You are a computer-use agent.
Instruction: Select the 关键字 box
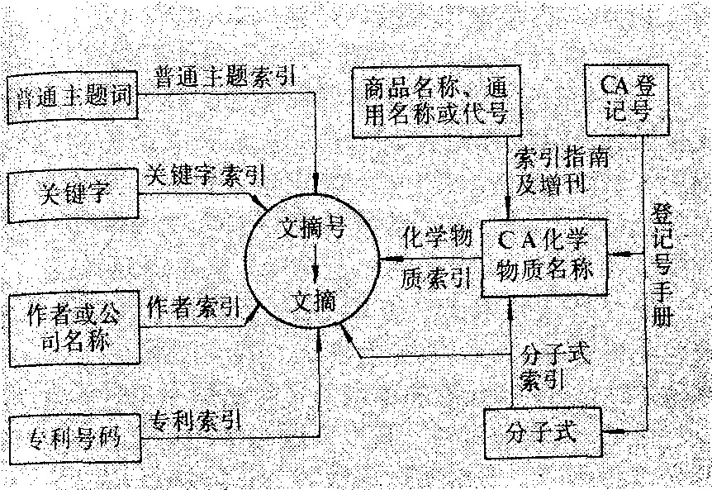[73, 195]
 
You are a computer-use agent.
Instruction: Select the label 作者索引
[193, 307]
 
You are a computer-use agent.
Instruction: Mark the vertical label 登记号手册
[661, 264]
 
